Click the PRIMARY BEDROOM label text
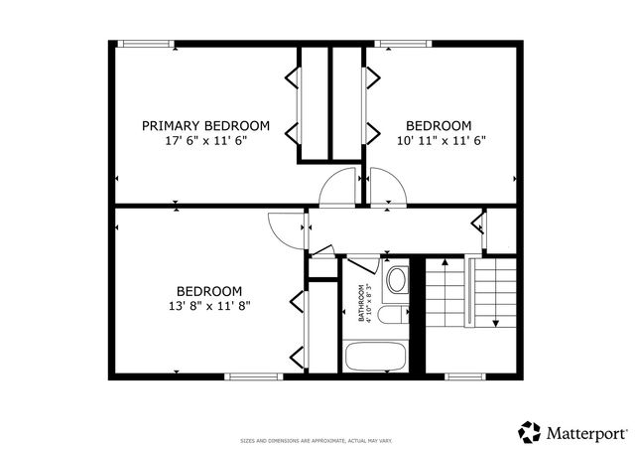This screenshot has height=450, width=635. click(x=205, y=125)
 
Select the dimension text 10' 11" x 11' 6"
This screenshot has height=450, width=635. click(x=438, y=140)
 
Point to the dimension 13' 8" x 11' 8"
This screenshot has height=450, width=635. click(x=209, y=306)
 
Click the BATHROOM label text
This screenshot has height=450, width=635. click(x=361, y=302)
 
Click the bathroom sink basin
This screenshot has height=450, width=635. click(x=396, y=279)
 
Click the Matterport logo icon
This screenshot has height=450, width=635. click(x=530, y=432)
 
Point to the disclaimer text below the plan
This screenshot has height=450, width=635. click(x=317, y=440)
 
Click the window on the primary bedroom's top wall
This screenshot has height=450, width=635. click(x=145, y=43)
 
